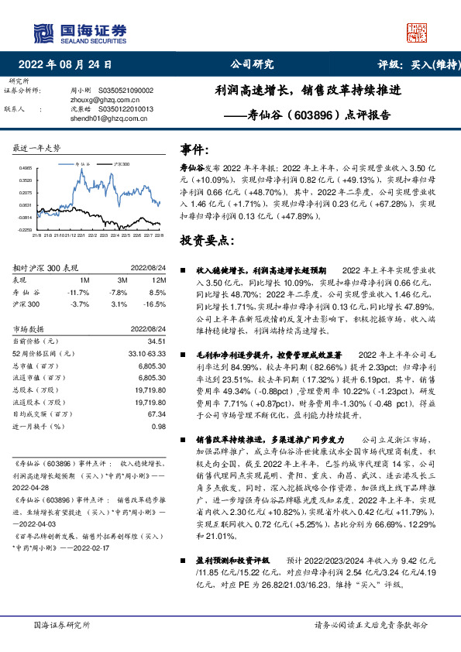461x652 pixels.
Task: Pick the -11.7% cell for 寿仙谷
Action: click(x=79, y=293)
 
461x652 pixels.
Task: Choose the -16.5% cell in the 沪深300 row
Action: click(x=157, y=305)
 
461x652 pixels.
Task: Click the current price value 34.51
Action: click(x=157, y=341)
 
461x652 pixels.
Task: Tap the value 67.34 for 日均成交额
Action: click(x=157, y=415)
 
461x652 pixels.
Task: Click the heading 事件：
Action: click(x=195, y=149)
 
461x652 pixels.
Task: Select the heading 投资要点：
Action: click(x=205, y=241)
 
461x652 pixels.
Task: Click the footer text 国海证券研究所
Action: click(x=59, y=625)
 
